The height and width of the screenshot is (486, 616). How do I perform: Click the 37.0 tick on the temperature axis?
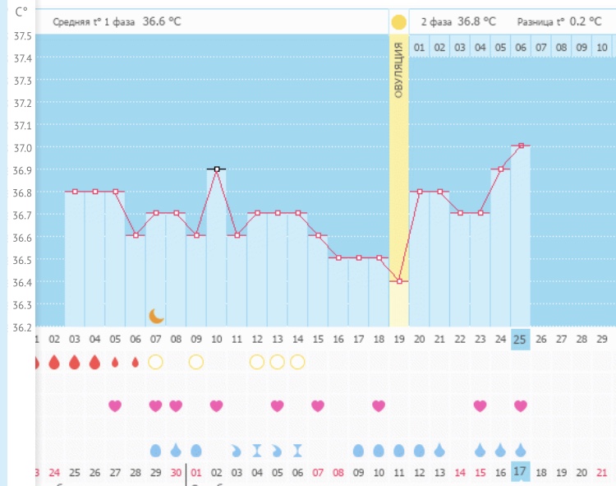[x=22, y=148]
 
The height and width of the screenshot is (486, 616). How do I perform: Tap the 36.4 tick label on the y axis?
[x=22, y=282]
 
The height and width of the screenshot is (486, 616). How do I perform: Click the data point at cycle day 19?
[x=400, y=281]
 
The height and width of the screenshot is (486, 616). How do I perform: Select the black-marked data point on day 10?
[x=216, y=169]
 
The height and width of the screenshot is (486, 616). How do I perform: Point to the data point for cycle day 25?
[x=521, y=146]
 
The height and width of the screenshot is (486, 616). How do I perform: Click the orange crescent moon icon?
[x=156, y=316]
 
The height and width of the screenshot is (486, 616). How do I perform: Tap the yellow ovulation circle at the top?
[x=398, y=21]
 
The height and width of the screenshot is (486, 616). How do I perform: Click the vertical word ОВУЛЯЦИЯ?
[x=399, y=71]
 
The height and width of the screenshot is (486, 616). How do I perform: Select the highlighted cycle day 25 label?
[x=521, y=339]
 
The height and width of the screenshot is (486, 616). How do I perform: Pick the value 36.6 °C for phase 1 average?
[x=162, y=21]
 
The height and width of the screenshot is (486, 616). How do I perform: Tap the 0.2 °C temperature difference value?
[x=583, y=21]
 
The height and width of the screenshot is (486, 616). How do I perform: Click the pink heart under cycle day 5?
[x=115, y=405]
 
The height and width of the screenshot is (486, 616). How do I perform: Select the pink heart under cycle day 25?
[x=521, y=405]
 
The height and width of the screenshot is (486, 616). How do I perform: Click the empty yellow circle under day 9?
[x=195, y=362]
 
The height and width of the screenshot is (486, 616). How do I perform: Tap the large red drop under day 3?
[x=75, y=362]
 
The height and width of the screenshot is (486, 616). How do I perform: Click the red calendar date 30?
[x=176, y=473]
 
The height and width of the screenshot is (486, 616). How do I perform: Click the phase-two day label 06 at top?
[x=521, y=48]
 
